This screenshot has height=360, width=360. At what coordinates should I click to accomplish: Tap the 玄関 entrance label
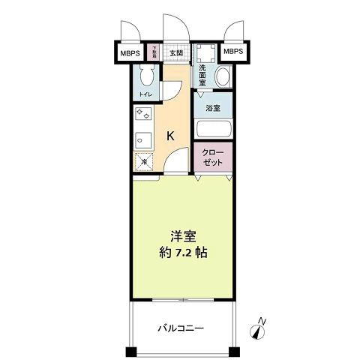click(175, 52)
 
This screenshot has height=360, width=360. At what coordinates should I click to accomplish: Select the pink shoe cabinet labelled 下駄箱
click(154, 53)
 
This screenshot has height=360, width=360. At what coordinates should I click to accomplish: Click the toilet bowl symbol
click(147, 76)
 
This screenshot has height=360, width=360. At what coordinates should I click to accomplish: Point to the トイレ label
click(146, 95)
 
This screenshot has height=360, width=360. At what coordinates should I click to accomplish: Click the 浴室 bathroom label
click(213, 108)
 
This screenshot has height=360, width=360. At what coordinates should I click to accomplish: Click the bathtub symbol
click(214, 129)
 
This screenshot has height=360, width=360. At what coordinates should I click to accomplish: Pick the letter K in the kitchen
click(171, 136)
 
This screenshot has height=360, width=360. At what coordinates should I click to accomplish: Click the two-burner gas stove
click(143, 115)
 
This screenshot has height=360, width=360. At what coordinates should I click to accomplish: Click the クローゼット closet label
click(214, 158)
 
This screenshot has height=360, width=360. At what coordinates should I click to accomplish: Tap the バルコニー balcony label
click(181, 328)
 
